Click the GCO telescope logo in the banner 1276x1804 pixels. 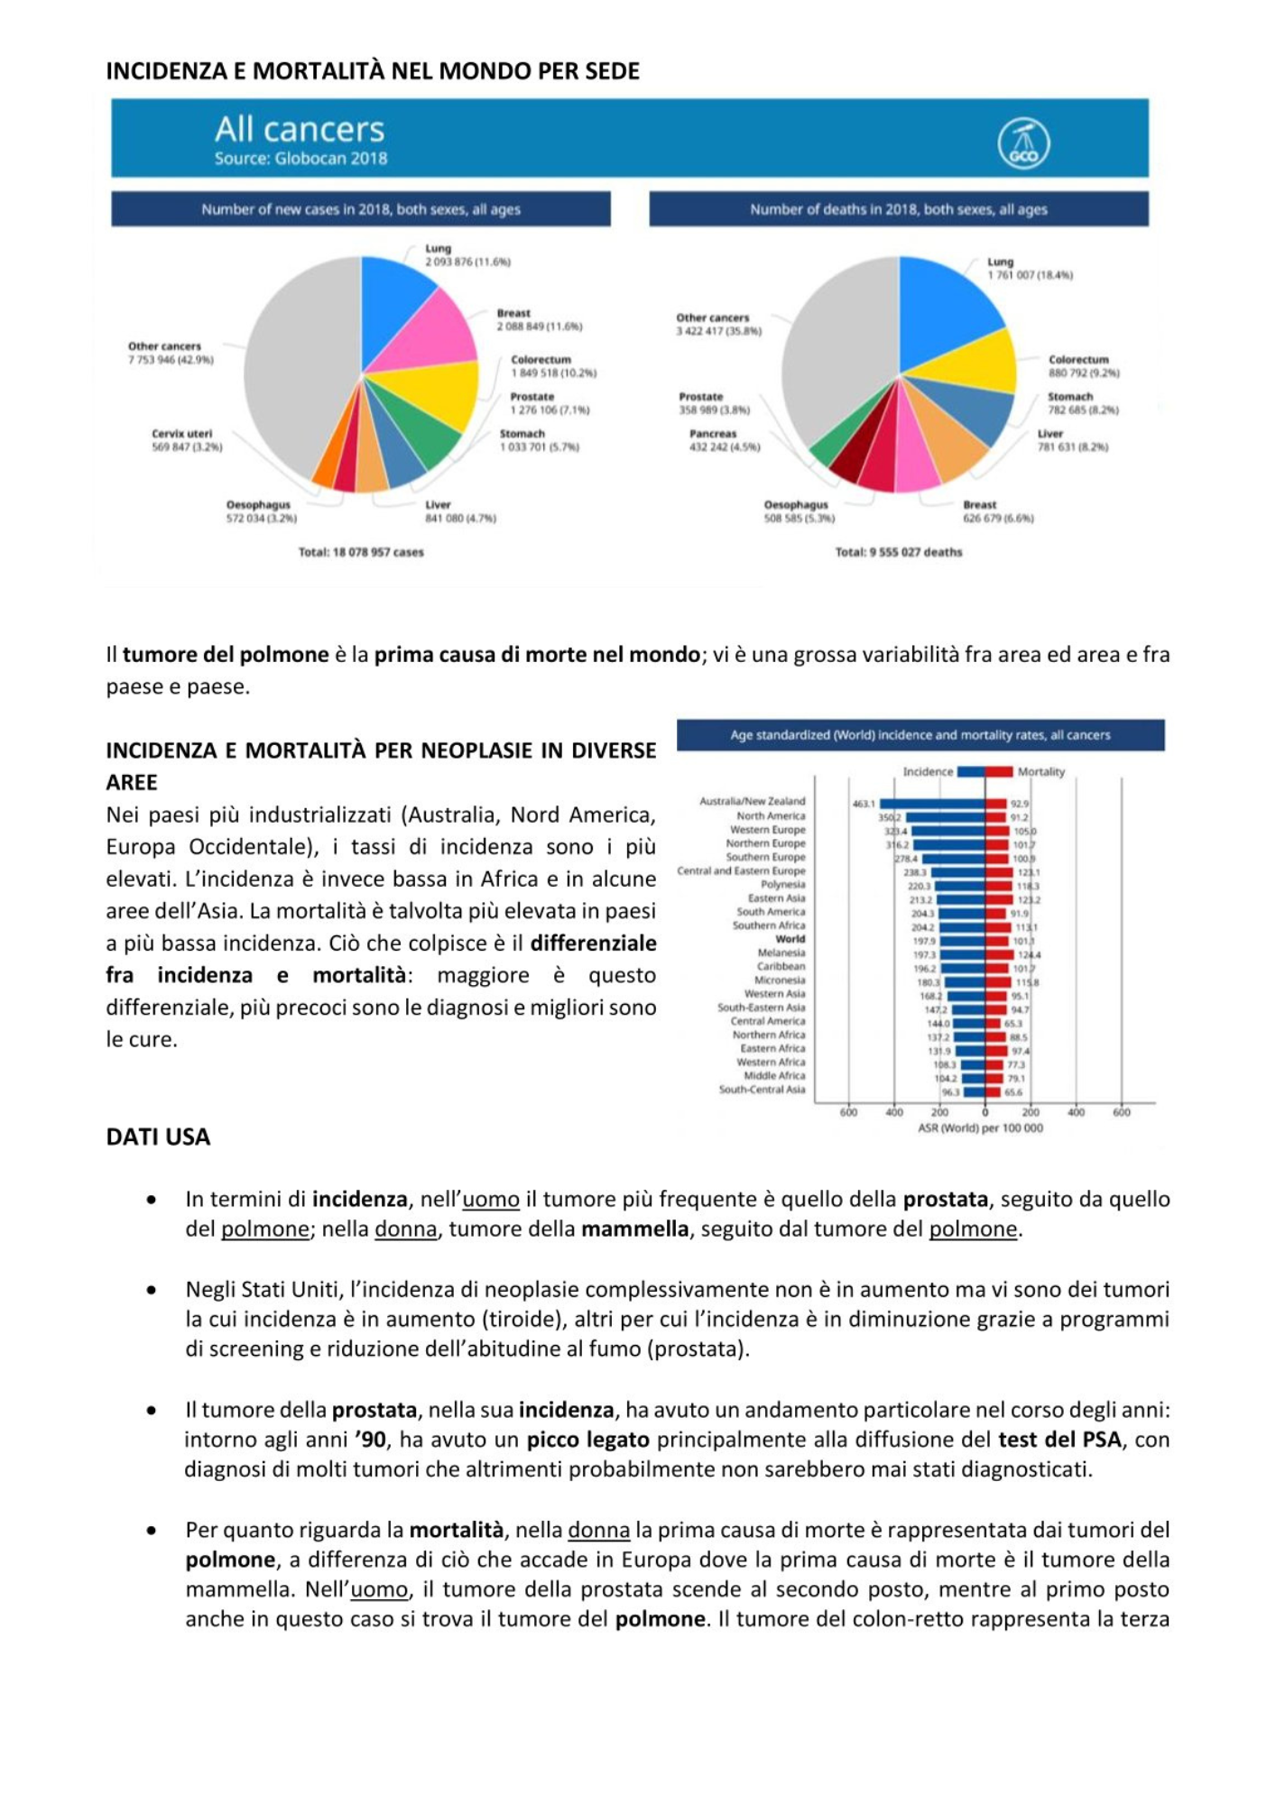click(1023, 143)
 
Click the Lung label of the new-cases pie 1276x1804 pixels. click(439, 248)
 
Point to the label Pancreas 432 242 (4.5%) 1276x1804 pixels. click(724, 440)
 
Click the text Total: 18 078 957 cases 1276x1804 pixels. click(361, 552)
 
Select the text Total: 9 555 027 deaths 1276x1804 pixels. click(898, 552)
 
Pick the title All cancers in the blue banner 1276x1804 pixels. click(300, 130)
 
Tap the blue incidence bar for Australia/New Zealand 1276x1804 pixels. click(932, 804)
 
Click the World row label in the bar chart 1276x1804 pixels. click(790, 939)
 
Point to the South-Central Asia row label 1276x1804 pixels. click(762, 1090)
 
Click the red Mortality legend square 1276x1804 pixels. click(999, 771)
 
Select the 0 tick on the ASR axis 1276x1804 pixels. click(985, 1112)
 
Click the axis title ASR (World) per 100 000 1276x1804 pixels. click(980, 1128)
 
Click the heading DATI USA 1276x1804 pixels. click(158, 1137)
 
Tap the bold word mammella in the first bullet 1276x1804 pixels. click(634, 1229)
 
